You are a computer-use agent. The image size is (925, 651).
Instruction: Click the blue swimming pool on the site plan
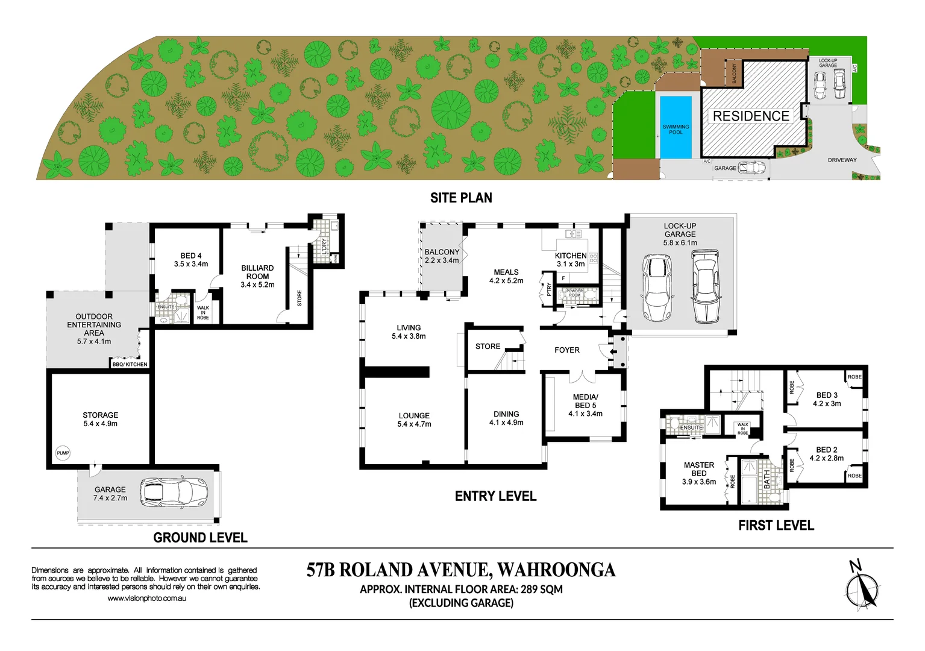click(676, 128)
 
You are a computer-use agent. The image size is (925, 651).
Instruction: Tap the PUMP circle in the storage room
click(63, 453)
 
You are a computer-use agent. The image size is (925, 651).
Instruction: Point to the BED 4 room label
click(191, 256)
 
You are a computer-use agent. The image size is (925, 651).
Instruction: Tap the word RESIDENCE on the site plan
click(751, 116)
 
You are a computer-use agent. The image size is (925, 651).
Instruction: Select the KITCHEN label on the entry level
click(570, 256)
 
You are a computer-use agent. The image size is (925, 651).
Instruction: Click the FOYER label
click(566, 350)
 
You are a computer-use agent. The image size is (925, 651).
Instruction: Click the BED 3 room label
click(827, 395)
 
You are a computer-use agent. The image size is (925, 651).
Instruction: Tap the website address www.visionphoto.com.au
click(146, 599)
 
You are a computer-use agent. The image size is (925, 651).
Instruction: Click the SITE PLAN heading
click(461, 198)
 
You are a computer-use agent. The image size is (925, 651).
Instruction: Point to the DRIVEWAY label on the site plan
click(842, 160)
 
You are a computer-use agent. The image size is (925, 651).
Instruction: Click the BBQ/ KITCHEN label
click(130, 364)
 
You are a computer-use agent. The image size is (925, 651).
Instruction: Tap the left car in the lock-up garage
click(657, 288)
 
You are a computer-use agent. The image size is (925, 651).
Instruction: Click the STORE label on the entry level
click(488, 347)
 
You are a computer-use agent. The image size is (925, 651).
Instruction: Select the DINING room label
click(506, 414)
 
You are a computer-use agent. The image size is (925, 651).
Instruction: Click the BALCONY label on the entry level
click(442, 252)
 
